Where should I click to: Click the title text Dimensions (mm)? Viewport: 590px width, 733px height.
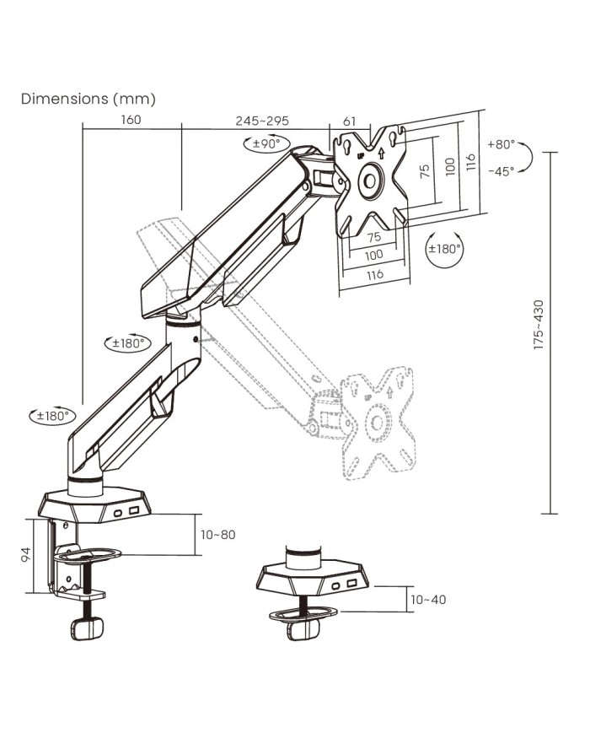point(88,99)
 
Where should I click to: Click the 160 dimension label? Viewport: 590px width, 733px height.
point(131,120)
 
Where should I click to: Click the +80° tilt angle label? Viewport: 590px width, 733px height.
point(501,144)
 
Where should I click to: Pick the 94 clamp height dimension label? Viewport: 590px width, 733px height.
point(26,554)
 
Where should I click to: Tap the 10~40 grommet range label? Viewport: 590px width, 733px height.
point(427,600)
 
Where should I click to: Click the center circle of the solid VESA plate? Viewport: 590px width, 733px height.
point(371,181)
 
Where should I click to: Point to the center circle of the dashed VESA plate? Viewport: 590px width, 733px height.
point(377,420)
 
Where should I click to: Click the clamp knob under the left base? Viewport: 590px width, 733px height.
point(85,629)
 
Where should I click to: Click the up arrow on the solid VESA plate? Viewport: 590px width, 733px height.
point(380,154)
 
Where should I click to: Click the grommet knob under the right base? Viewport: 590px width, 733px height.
point(304,628)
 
